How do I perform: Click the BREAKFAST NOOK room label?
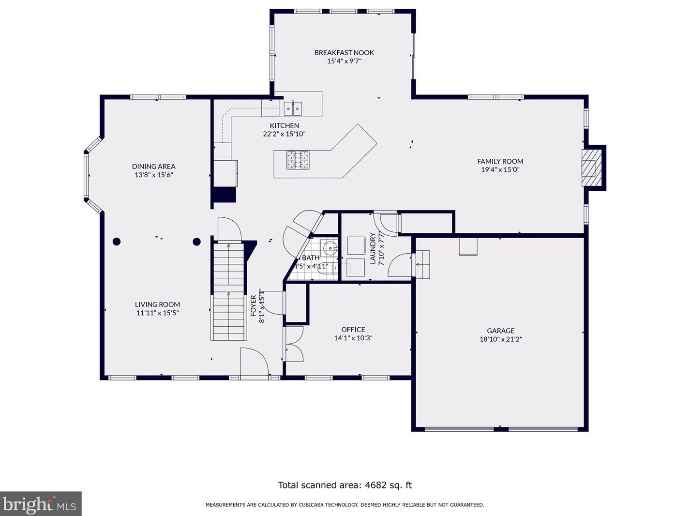(x=344, y=52)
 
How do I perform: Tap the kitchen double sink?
(x=293, y=108)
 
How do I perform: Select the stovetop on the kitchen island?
(x=298, y=160)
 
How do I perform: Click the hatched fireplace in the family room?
(x=591, y=168)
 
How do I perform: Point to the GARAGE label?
(x=500, y=331)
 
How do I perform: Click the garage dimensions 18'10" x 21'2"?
(x=500, y=339)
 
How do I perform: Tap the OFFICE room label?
(x=353, y=329)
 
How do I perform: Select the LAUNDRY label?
(x=373, y=248)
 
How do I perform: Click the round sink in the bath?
(x=330, y=248)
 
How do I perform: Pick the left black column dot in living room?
(x=117, y=242)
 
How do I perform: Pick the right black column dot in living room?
(x=197, y=242)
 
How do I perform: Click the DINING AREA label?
(x=153, y=167)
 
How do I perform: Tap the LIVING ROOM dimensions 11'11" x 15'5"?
(x=157, y=313)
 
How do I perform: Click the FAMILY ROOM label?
(x=500, y=161)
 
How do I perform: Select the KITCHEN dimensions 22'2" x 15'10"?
(x=284, y=134)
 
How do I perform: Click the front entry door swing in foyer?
(x=255, y=361)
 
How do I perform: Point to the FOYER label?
(x=254, y=305)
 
